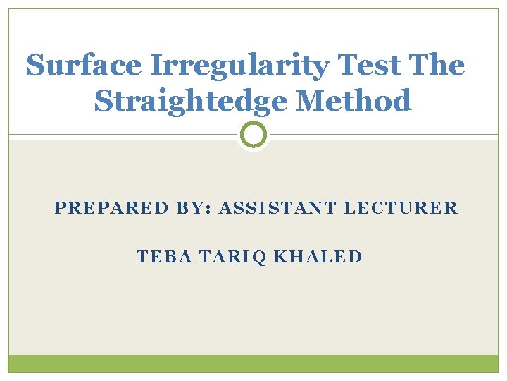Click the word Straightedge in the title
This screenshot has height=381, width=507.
tap(190, 102)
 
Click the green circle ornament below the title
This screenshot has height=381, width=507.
tap(254, 134)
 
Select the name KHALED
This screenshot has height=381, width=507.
tap(318, 256)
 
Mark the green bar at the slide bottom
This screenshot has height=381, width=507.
tap(254, 363)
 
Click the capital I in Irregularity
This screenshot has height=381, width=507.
tap(154, 66)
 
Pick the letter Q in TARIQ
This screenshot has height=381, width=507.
tap(260, 257)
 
